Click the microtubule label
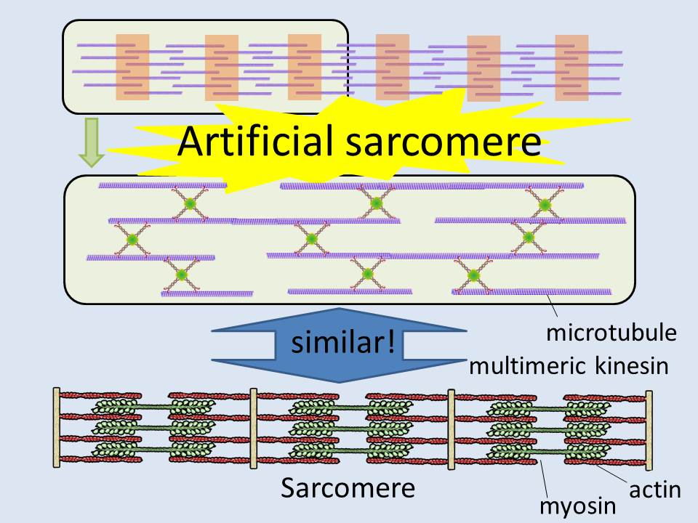(x=611, y=334)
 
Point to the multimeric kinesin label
(x=568, y=365)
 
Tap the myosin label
(x=579, y=506)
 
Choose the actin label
(x=654, y=490)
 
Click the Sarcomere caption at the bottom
(x=348, y=488)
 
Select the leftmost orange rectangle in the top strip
(x=132, y=67)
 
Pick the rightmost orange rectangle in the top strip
(x=571, y=68)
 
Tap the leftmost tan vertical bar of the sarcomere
(x=56, y=428)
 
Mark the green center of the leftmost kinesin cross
(x=132, y=239)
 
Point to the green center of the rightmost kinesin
(x=543, y=205)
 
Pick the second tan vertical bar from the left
(x=254, y=428)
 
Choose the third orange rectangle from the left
(x=305, y=67)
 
